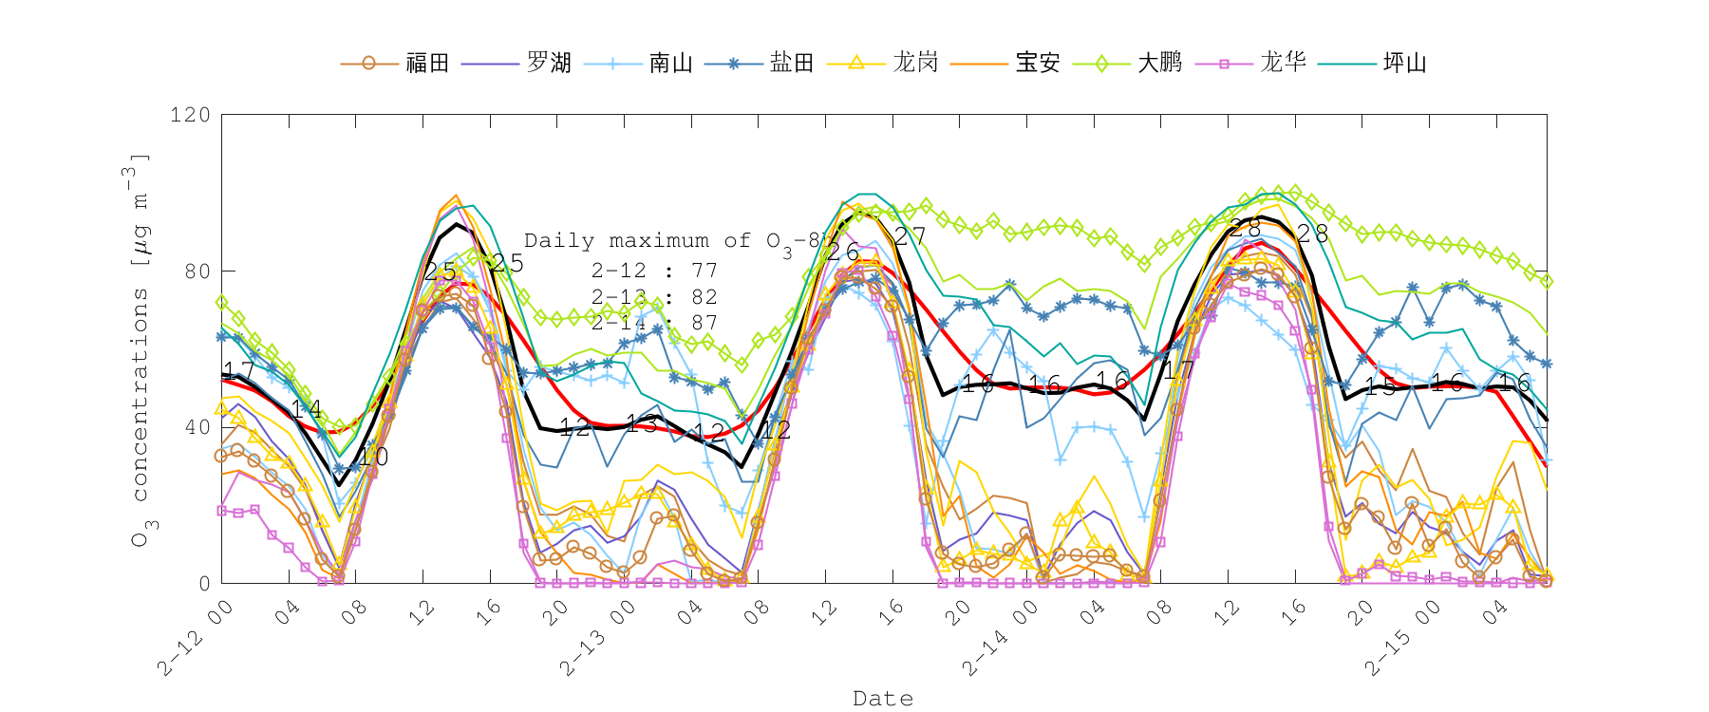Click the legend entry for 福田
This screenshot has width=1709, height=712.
(426, 64)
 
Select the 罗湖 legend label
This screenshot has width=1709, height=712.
(549, 64)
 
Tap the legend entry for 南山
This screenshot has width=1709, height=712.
(671, 64)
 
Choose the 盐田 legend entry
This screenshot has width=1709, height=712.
(792, 64)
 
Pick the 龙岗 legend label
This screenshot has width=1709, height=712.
(915, 64)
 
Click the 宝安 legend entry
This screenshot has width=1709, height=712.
(1038, 64)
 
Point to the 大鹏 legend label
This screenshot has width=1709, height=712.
(1160, 64)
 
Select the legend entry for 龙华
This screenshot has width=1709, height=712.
(1283, 64)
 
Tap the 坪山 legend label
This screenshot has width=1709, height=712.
(1405, 64)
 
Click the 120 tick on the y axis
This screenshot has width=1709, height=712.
(190, 115)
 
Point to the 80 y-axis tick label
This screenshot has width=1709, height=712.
(197, 272)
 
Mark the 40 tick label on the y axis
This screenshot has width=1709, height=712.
(197, 427)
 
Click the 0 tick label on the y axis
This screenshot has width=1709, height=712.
(204, 583)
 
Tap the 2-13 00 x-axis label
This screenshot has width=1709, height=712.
(598, 637)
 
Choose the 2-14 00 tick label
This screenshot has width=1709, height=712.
(1001, 637)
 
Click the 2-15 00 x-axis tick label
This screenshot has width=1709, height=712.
(1402, 637)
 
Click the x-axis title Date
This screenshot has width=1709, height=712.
(883, 699)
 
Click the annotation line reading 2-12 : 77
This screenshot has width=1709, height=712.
(653, 272)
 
